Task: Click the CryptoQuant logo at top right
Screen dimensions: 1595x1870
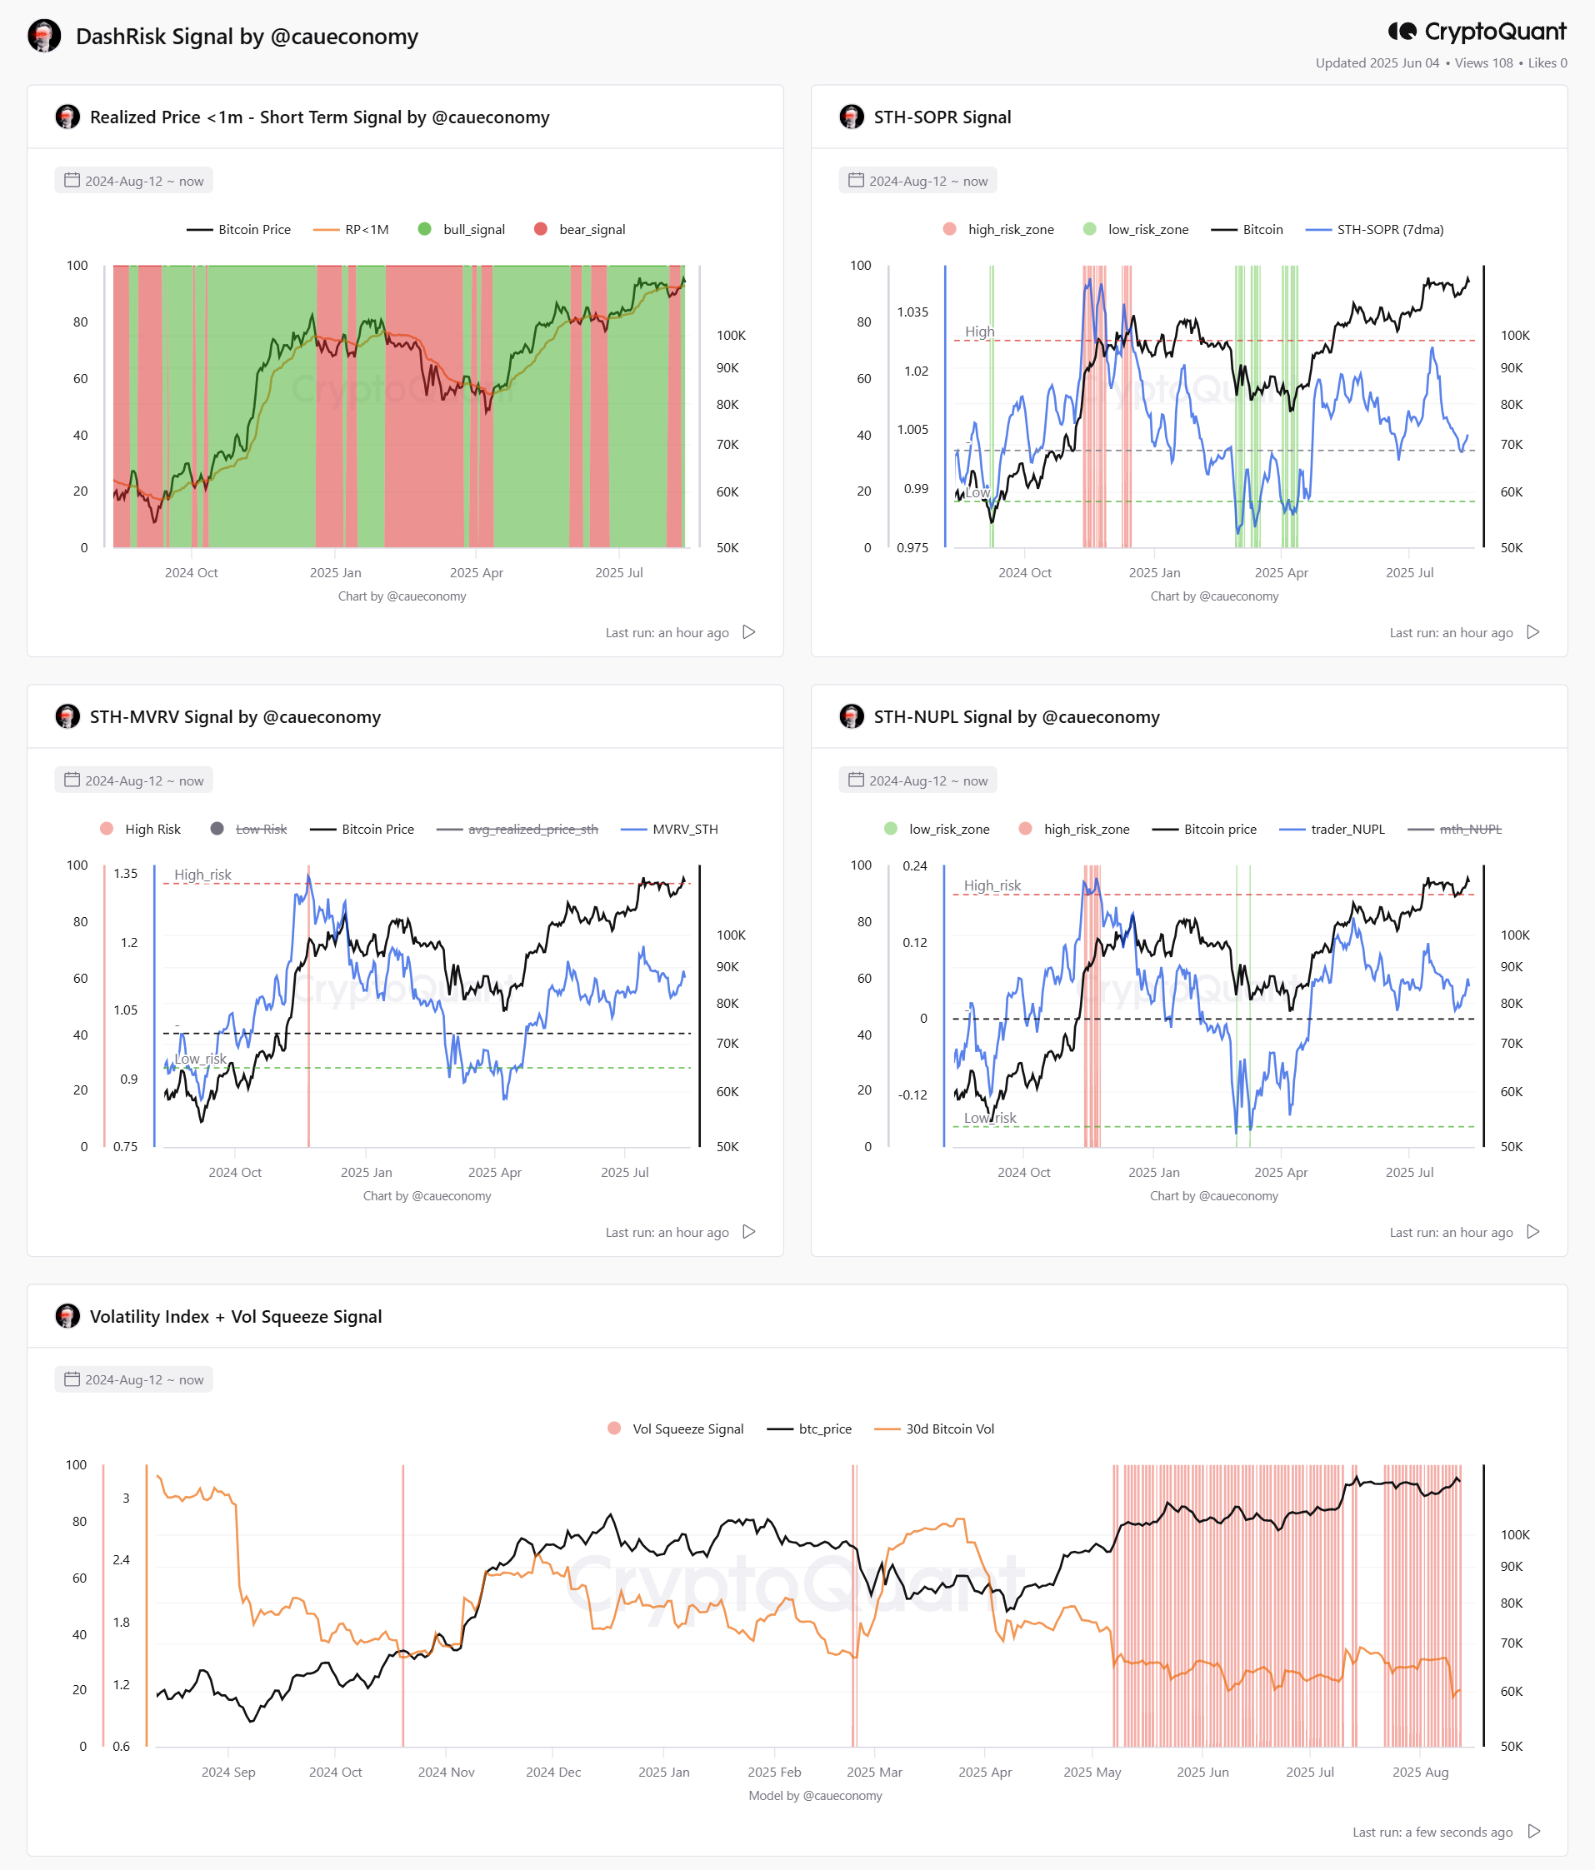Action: [1477, 32]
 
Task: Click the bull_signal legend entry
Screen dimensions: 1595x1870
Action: [462, 229]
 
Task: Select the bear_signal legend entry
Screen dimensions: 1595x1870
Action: [579, 229]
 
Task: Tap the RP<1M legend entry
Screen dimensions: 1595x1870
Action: [351, 229]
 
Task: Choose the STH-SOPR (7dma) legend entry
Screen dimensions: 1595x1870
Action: [1375, 229]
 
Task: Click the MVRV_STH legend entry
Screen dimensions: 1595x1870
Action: [670, 830]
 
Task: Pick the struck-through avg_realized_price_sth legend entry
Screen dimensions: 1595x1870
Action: [517, 830]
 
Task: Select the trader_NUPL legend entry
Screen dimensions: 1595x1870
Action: [1332, 830]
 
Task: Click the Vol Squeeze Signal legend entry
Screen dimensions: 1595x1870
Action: [676, 1429]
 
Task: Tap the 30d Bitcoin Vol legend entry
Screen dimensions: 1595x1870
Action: [934, 1429]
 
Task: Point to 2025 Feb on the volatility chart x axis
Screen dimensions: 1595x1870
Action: [774, 1772]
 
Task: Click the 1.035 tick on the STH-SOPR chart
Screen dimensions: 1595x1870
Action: [912, 312]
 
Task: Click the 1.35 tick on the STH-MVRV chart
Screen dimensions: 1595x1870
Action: [126, 874]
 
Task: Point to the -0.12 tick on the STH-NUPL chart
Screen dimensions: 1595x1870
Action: [912, 1095]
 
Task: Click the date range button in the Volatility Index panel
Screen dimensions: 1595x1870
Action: [133, 1380]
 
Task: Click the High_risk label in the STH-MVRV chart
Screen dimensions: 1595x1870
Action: [202, 875]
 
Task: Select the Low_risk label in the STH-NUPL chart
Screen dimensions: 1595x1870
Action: [990, 1118]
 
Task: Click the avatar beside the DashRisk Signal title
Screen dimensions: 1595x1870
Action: [44, 36]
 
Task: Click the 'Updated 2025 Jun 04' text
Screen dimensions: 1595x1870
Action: [1377, 63]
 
